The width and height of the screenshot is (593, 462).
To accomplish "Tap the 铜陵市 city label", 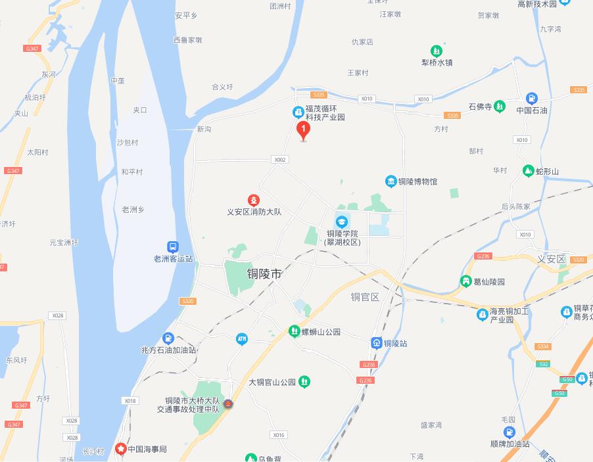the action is (264, 274).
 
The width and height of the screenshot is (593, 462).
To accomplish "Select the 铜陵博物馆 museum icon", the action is (391, 181).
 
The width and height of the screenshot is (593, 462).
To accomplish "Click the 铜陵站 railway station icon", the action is (377, 343).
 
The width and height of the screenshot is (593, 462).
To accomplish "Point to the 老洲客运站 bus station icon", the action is (172, 247).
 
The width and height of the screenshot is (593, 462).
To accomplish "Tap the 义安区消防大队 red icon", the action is (253, 200).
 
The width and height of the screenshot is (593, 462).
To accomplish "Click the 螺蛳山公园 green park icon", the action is (294, 332).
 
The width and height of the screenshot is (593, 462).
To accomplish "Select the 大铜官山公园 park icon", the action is (304, 382).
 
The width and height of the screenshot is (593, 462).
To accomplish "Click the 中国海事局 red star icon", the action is (121, 449).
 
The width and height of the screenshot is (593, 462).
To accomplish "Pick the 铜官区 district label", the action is (365, 297).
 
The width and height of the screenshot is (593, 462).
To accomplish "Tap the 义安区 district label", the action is (551, 260).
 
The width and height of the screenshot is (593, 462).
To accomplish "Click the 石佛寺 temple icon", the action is (500, 106).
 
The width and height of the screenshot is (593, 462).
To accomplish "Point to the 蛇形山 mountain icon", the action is (528, 172).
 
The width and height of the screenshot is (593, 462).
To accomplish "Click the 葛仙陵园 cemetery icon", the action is (466, 281).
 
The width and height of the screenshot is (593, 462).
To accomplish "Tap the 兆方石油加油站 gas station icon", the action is (168, 338).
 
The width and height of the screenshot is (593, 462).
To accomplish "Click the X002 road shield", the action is (280, 160).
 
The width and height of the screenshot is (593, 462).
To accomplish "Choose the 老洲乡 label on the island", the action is (133, 210).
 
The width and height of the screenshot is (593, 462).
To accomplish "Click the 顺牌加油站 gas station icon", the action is (510, 432).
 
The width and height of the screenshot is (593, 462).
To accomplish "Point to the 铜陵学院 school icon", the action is (342, 221).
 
